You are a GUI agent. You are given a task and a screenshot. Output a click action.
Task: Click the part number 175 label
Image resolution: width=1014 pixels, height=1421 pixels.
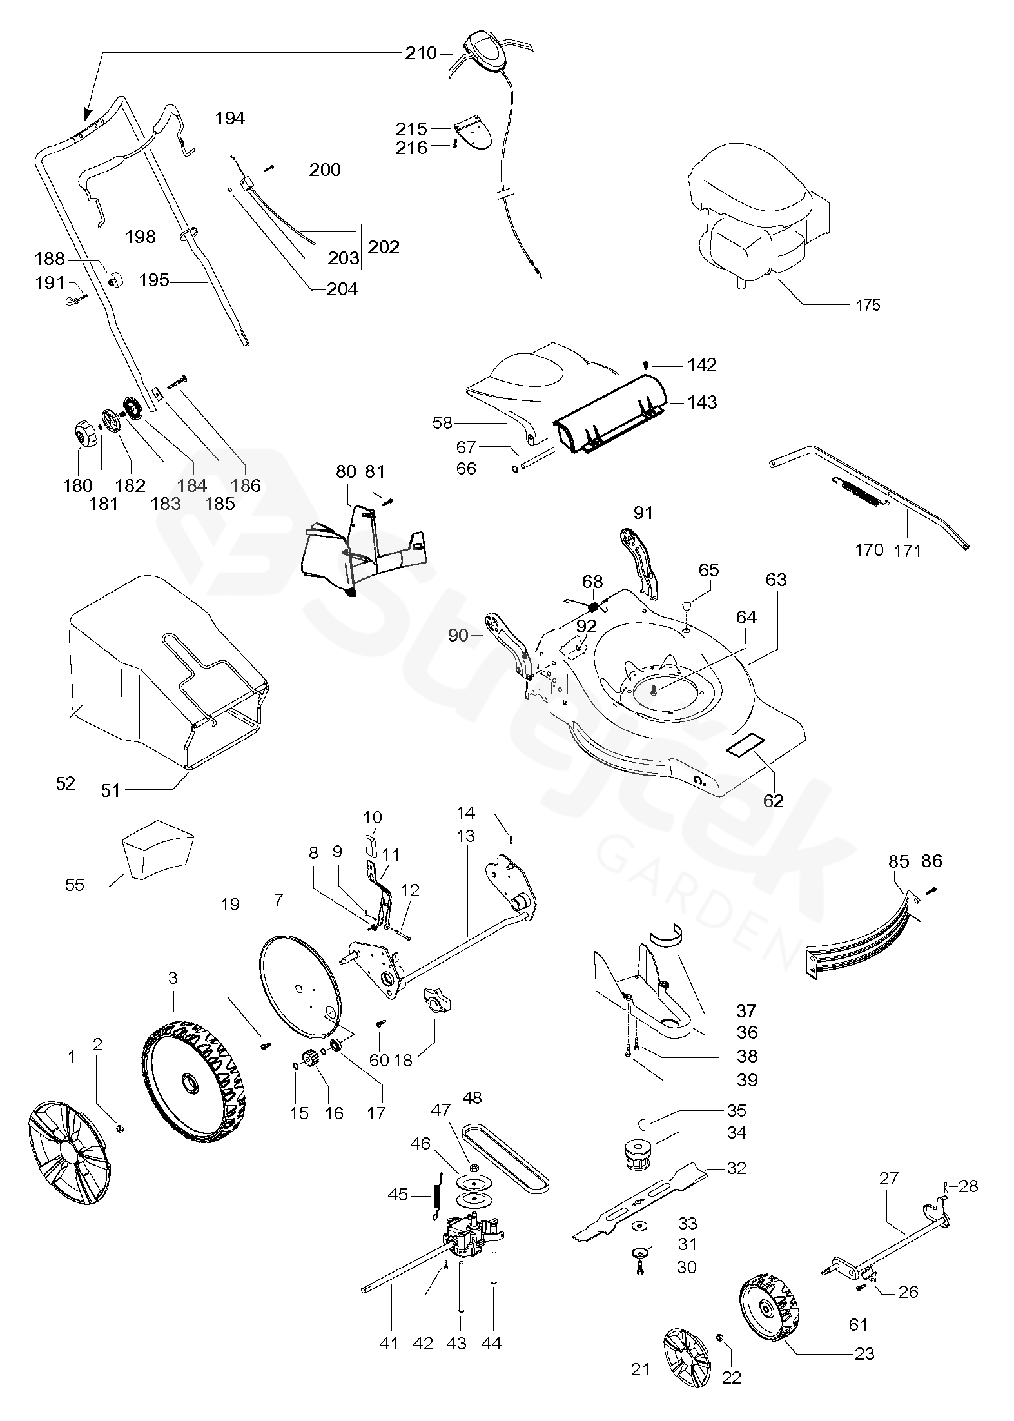868,305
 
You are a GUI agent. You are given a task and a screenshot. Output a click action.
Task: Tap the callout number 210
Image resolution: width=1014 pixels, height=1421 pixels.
421,53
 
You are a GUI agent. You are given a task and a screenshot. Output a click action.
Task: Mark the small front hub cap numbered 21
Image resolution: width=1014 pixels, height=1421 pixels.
686,1360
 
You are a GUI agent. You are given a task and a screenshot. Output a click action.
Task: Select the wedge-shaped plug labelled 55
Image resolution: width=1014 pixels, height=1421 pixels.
157,850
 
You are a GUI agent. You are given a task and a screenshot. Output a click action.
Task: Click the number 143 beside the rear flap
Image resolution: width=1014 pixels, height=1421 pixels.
702,402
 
